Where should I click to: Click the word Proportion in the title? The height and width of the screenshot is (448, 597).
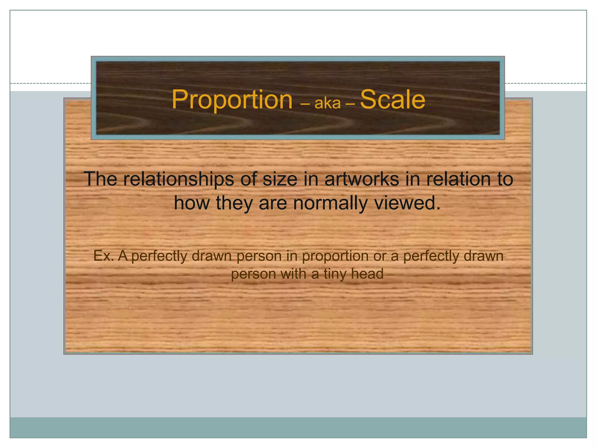(232, 100)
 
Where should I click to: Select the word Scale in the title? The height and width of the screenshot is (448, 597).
(392, 100)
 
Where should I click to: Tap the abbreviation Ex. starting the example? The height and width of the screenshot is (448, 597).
(103, 256)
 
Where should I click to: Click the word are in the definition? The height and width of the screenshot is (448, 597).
(273, 204)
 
